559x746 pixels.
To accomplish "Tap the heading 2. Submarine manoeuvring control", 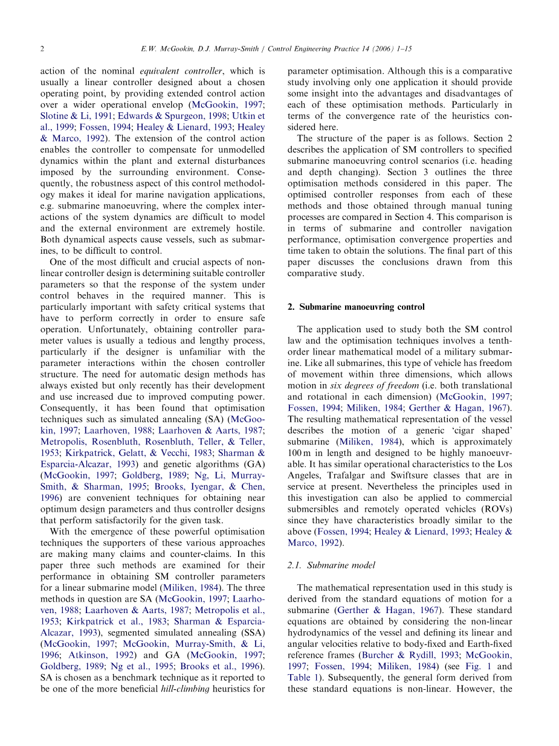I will [x=356, y=307].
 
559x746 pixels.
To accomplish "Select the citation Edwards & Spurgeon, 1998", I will [x=175, y=116].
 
